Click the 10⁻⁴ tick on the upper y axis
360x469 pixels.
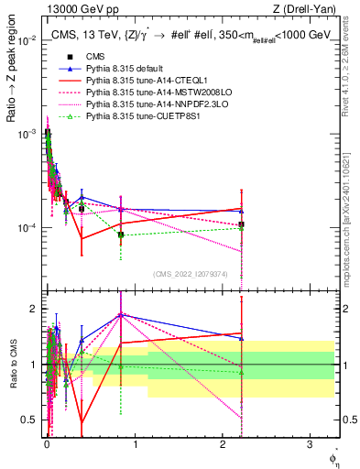[x=29, y=227]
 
